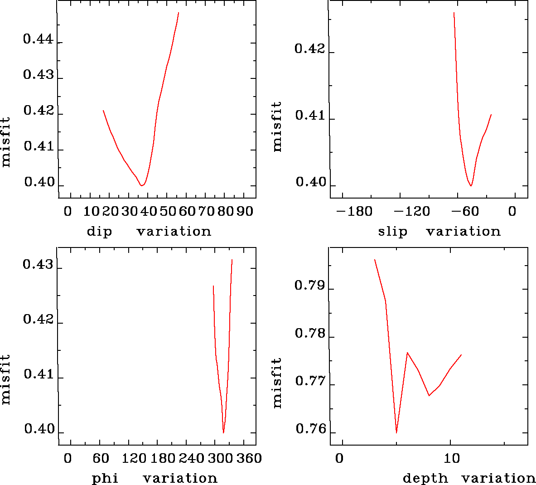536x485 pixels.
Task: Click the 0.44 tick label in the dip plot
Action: pyautogui.click(x=38, y=39)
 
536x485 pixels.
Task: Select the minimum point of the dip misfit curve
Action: pyautogui.click(x=142, y=185)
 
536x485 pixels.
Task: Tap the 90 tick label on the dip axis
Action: pyautogui.click(x=245, y=211)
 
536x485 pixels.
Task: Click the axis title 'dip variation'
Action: pyautogui.click(x=149, y=232)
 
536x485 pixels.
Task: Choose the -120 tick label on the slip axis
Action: pyautogui.click(x=412, y=211)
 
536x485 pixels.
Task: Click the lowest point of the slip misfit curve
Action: pyautogui.click(x=471, y=186)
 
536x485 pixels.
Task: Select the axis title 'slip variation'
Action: pyautogui.click(x=439, y=232)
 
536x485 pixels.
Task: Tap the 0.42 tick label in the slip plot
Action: pyautogui.click(x=310, y=49)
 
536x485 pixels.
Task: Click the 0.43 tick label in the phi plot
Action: pyautogui.click(x=38, y=264)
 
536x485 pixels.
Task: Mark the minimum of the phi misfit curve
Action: pyautogui.click(x=223, y=433)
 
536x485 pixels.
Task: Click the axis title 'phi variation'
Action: pyautogui.click(x=155, y=478)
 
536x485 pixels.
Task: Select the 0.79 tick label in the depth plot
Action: pyautogui.click(x=310, y=286)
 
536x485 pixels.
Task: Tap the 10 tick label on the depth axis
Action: pyautogui.click(x=451, y=458)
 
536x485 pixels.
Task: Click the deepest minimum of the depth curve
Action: pyautogui.click(x=396, y=433)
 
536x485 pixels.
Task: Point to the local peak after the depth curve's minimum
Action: pyautogui.click(x=407, y=352)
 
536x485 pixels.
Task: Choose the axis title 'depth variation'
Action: pyautogui.click(x=469, y=478)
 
